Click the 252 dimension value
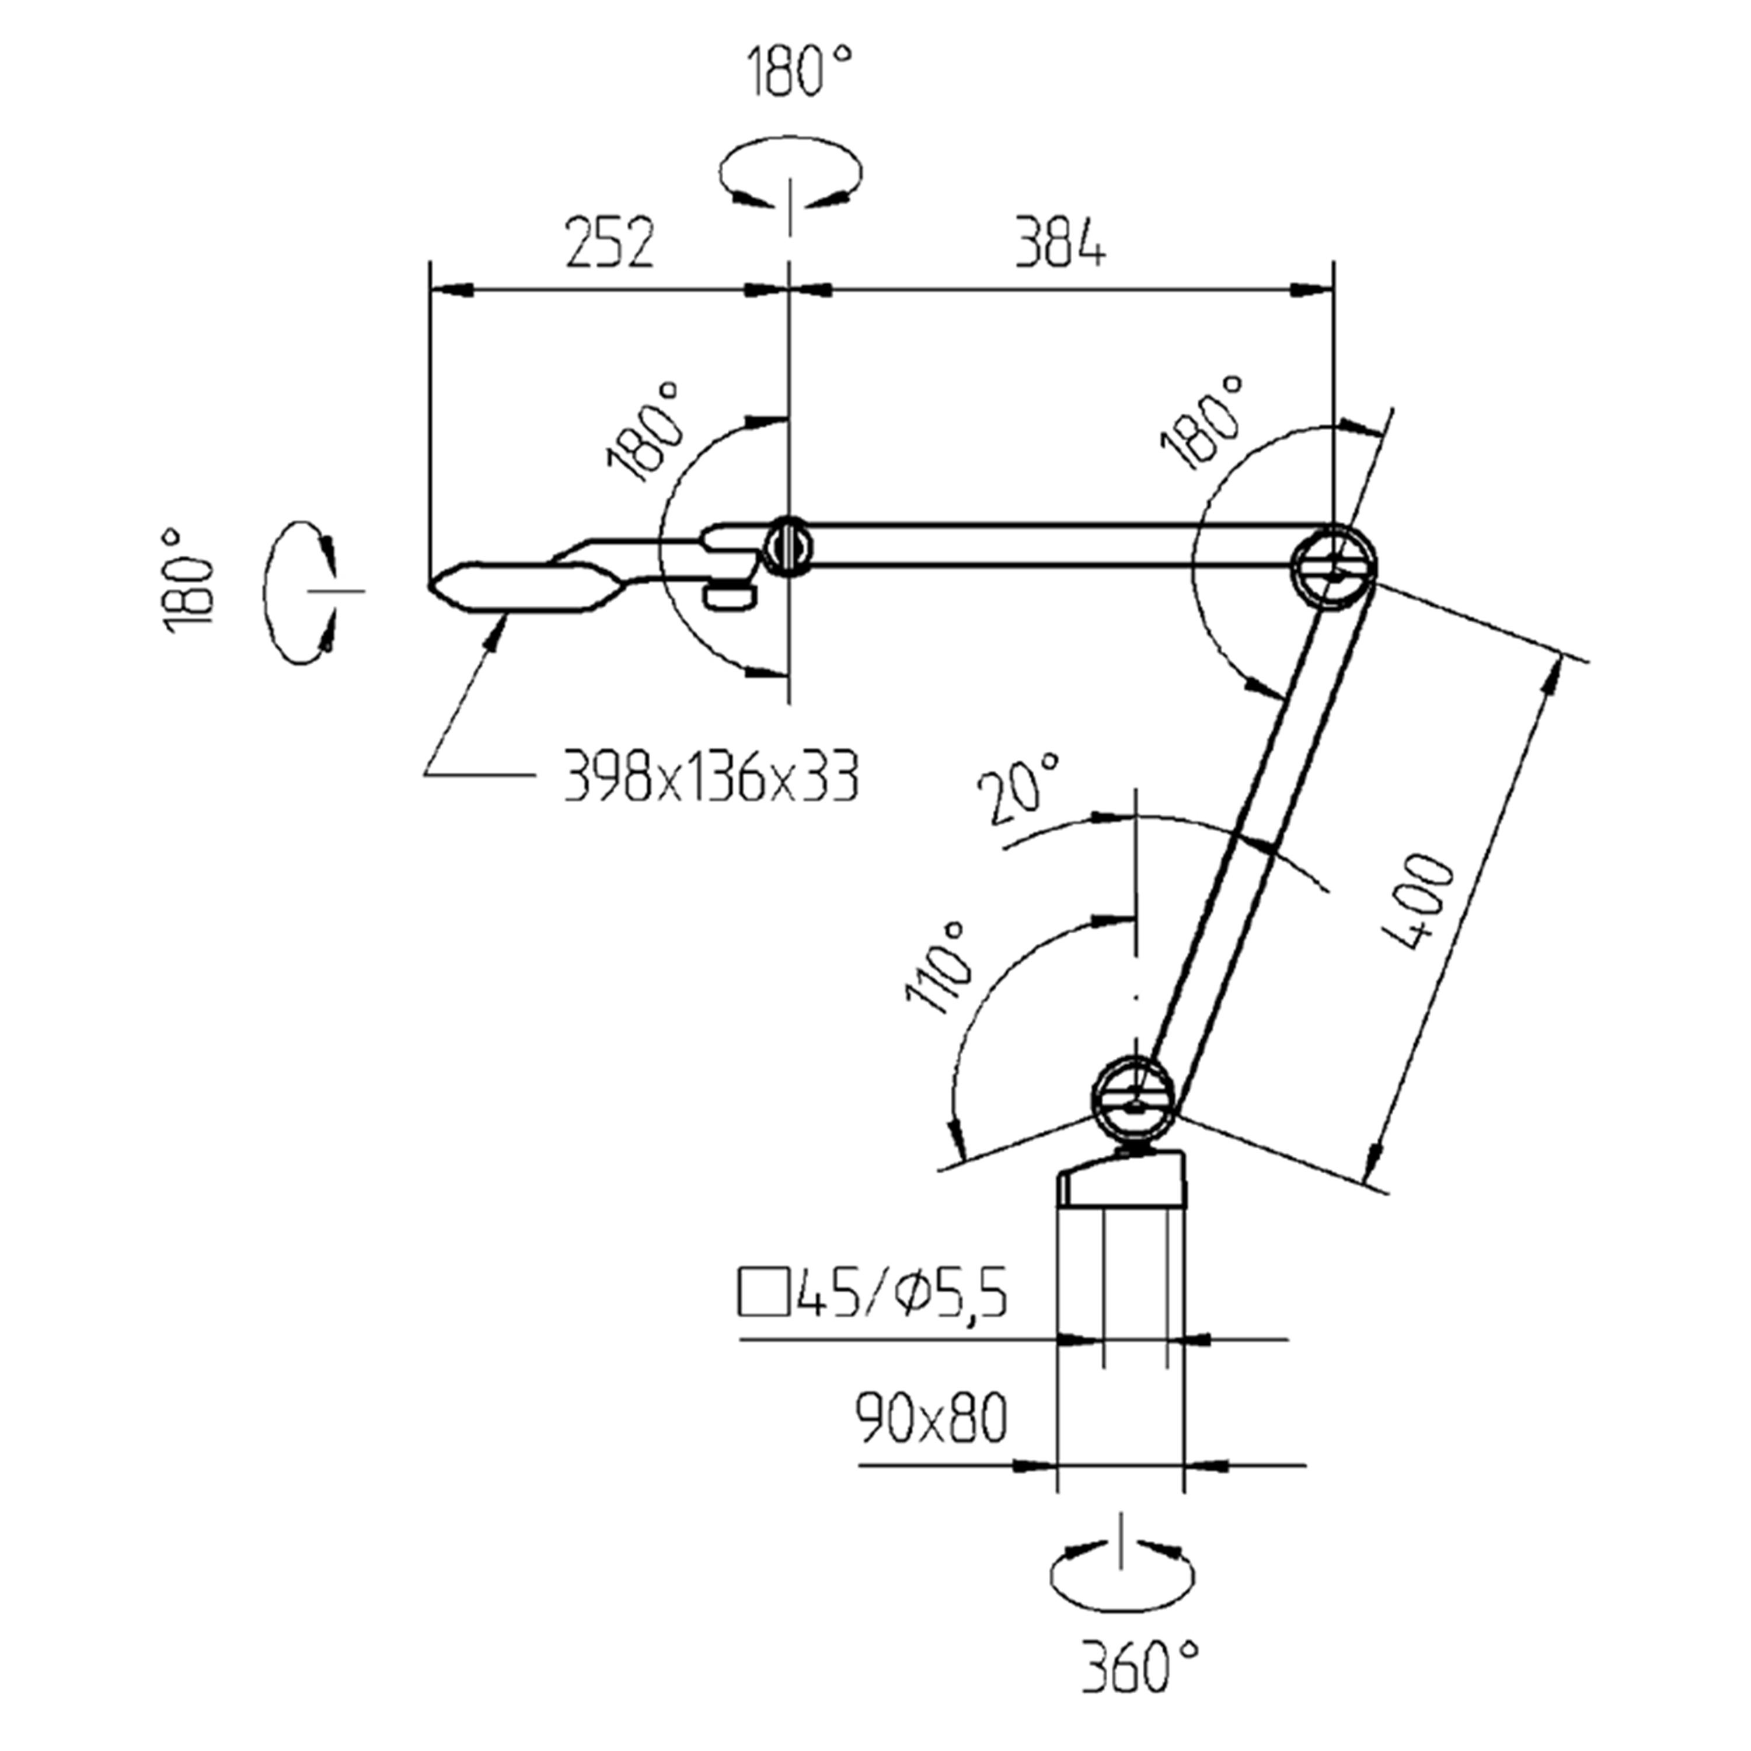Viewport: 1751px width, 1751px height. pos(609,243)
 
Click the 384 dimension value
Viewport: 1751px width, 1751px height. pos(1059,243)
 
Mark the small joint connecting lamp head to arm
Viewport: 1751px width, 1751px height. pos(787,545)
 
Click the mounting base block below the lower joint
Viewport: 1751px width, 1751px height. pos(1121,1181)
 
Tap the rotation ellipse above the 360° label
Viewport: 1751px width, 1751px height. pos(1121,1576)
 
